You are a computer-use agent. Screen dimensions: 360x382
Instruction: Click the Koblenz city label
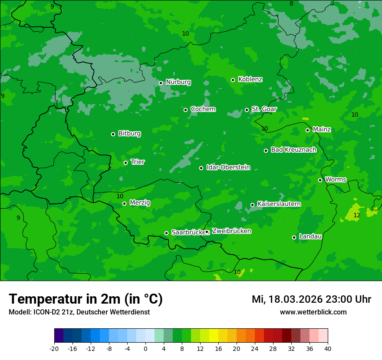[250, 79]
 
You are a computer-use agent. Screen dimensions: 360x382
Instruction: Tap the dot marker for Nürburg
[161, 83]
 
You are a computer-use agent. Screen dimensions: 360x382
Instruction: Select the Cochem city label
[203, 109]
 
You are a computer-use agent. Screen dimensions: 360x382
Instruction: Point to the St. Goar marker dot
[247, 110]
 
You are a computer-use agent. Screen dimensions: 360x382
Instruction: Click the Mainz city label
[322, 130]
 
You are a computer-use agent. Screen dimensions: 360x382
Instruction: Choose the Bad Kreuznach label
[293, 150]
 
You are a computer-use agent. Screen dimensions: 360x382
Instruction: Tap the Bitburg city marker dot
[113, 134]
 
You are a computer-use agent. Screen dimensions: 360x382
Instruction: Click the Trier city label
[138, 162]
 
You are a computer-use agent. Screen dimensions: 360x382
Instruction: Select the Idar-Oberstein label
[228, 167]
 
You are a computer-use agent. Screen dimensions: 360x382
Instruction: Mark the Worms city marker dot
[320, 180]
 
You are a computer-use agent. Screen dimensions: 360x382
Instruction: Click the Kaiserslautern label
[279, 204]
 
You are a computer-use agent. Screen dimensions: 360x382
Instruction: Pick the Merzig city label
[140, 203]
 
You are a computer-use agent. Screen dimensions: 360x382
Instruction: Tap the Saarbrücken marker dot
[166, 233]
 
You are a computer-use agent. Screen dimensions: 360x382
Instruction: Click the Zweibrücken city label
[231, 231]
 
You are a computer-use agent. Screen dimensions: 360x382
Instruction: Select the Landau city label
[310, 237]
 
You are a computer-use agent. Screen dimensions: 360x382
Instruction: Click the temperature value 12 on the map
[357, 216]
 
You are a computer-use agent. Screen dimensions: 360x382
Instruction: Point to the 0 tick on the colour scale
[145, 349]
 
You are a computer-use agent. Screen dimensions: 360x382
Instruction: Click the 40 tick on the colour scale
[327, 349]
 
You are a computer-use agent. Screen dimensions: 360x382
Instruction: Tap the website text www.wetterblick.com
[313, 312]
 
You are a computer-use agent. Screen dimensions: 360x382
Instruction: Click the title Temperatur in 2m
[86, 299]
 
